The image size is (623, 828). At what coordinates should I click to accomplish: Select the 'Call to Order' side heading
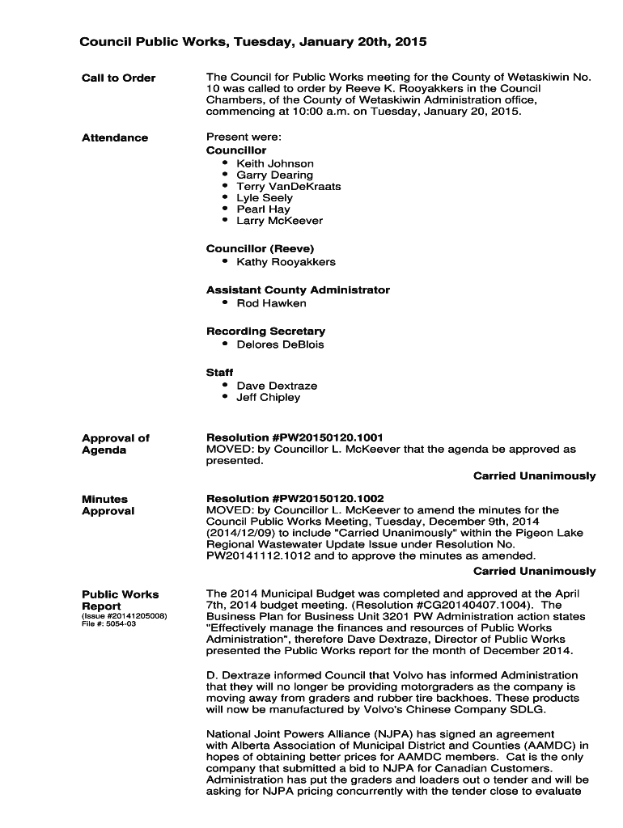pyautogui.click(x=118, y=78)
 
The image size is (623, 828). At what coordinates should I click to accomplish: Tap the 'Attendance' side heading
pyautogui.click(x=115, y=137)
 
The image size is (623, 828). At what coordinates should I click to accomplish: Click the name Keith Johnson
pyautogui.click(x=275, y=163)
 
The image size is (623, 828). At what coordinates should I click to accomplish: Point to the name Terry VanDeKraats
pyautogui.click(x=289, y=186)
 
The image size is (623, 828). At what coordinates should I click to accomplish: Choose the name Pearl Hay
pyautogui.click(x=263, y=209)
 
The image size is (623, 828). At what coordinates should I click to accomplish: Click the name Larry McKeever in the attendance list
pyautogui.click(x=279, y=220)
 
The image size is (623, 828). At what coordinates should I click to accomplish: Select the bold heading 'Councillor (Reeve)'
pyautogui.click(x=260, y=248)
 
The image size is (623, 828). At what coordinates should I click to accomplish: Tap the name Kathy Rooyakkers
pyautogui.click(x=286, y=262)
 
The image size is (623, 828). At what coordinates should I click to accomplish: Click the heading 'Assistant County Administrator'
pyautogui.click(x=298, y=289)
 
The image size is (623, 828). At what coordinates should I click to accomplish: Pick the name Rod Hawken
pyautogui.click(x=271, y=303)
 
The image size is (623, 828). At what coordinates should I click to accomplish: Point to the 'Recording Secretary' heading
pyautogui.click(x=265, y=331)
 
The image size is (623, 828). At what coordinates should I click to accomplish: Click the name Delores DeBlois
pyautogui.click(x=280, y=344)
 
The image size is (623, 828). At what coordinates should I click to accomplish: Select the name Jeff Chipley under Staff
pyautogui.click(x=268, y=397)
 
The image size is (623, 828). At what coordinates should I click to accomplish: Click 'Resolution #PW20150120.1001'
pyautogui.click(x=295, y=437)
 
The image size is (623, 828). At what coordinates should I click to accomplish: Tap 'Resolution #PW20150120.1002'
pyautogui.click(x=295, y=498)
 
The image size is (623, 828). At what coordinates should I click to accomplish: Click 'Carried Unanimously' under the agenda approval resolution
pyautogui.click(x=534, y=475)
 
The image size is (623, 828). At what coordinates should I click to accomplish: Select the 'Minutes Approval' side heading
pyautogui.click(x=108, y=505)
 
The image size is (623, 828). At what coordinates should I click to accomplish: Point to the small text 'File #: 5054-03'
pyautogui.click(x=108, y=624)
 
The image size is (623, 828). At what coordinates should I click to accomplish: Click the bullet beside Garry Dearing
pyautogui.click(x=224, y=175)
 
